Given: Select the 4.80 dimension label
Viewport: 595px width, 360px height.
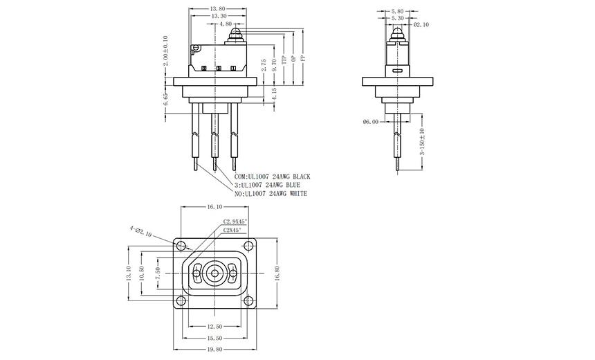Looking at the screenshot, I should click(x=226, y=24).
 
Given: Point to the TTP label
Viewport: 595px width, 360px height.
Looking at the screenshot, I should click(x=284, y=60).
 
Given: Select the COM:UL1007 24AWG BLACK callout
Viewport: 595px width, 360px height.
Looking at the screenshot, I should click(x=273, y=177).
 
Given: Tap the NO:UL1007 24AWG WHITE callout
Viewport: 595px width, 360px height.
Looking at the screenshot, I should click(x=271, y=194).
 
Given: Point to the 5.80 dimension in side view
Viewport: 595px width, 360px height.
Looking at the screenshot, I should click(x=397, y=12).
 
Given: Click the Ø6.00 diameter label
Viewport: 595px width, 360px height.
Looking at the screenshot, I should click(x=371, y=122).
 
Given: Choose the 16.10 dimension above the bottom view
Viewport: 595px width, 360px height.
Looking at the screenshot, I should click(x=214, y=206).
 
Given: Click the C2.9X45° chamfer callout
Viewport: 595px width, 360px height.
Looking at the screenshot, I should click(x=235, y=221).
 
